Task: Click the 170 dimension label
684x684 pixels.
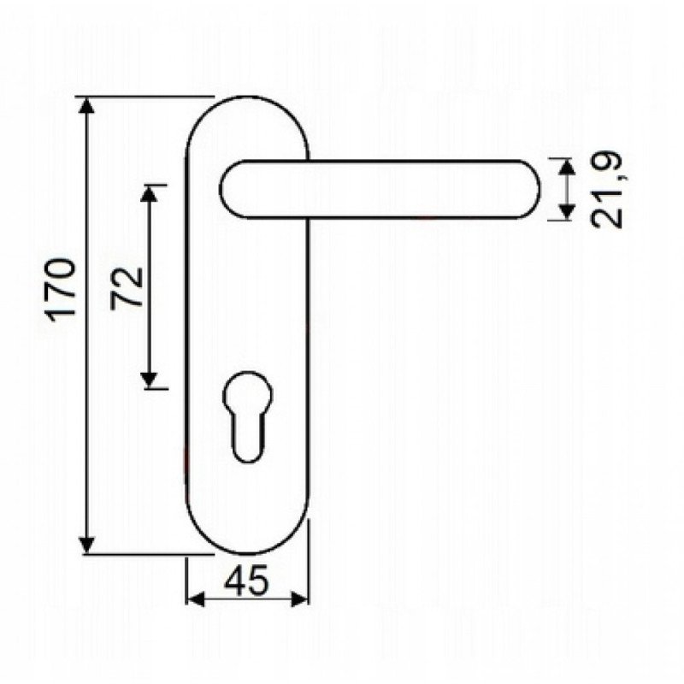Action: [61, 291]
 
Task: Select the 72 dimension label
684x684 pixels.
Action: [127, 288]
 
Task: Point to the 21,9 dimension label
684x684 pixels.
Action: [606, 190]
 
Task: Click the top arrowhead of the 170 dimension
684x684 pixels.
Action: [87, 106]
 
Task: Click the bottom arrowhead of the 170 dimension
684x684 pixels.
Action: [87, 545]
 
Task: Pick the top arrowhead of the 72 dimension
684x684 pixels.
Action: [149, 194]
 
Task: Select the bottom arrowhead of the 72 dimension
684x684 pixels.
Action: [149, 379]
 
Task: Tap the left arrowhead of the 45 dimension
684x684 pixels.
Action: [196, 599]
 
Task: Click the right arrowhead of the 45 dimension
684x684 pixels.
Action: [299, 599]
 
